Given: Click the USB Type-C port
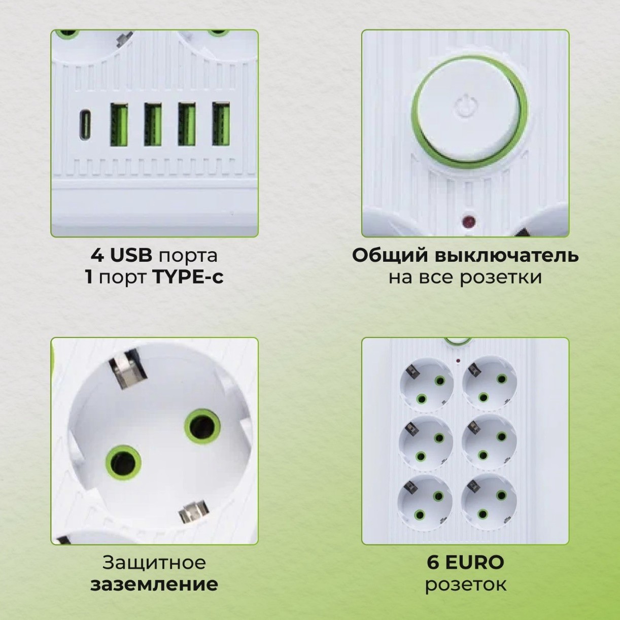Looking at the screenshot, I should click(86, 125).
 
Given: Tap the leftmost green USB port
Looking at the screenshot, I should click(119, 124).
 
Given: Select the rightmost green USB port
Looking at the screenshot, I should click(221, 124).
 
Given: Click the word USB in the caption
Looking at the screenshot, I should click(131, 255).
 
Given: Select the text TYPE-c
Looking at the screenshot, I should click(188, 278).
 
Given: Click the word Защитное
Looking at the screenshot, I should click(154, 562).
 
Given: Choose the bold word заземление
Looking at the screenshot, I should click(154, 584).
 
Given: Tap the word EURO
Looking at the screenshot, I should click(474, 562).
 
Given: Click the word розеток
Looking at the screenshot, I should click(465, 584).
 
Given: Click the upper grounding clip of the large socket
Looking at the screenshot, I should click(127, 369).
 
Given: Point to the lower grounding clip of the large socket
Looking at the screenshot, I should click(194, 511).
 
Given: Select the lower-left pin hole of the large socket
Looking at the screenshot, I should click(122, 463).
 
